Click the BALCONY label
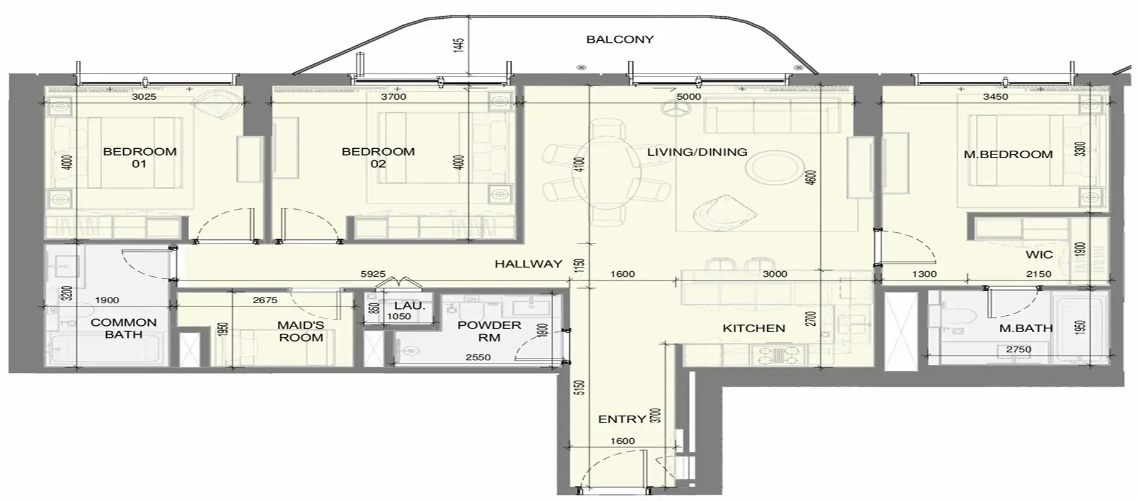[x=620, y=40]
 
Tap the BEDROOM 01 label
[x=140, y=158]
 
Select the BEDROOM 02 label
[x=378, y=158]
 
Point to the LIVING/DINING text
[x=697, y=152]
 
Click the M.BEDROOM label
[x=1008, y=154]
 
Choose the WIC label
[x=1039, y=255]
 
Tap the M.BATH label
[x=1026, y=328]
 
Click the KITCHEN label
[x=753, y=328]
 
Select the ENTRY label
[x=622, y=419]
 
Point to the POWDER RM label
[x=489, y=331]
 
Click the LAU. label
[x=410, y=306]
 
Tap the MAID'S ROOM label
[x=301, y=331]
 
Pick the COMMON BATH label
[x=124, y=328]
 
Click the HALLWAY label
[x=528, y=264]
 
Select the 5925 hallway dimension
[x=373, y=274]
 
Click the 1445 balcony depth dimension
[x=459, y=45]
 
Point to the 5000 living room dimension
[x=689, y=97]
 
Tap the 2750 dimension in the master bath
[x=1019, y=350]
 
